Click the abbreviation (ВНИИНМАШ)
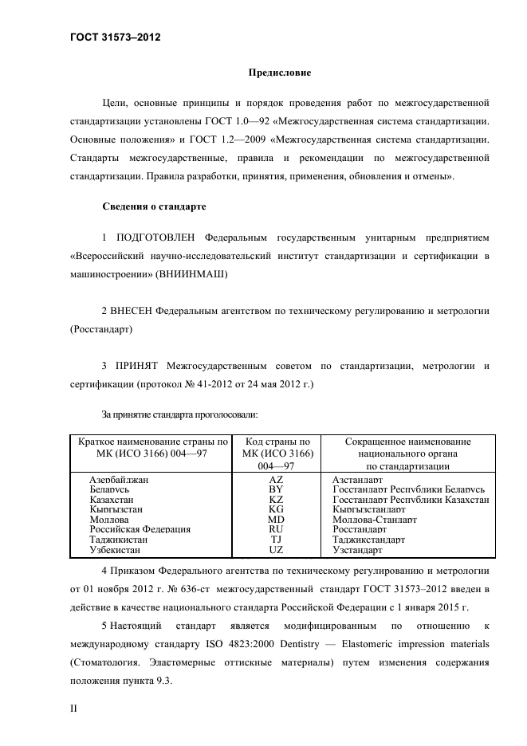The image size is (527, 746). (x=194, y=273)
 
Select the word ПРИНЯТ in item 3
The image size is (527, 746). (x=138, y=366)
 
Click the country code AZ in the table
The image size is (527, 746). (x=276, y=480)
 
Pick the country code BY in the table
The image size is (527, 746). (x=276, y=489)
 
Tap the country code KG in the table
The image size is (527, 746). (x=276, y=509)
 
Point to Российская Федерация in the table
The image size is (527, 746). (x=140, y=529)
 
